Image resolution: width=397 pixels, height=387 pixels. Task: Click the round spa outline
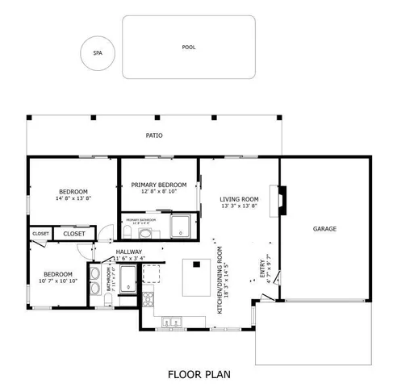[98, 53]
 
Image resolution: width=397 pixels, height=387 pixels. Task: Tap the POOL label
[189, 48]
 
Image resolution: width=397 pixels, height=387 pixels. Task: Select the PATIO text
[155, 136]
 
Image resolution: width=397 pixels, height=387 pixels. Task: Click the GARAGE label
[324, 229]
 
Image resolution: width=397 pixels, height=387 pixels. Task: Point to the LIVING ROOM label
[239, 199]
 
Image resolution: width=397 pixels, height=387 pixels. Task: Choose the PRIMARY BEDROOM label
[158, 185]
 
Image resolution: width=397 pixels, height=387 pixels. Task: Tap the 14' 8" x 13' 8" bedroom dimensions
[73, 198]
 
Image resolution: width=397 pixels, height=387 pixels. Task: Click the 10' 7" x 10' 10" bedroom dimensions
[58, 281]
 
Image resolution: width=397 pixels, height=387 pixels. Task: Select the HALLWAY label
[129, 252]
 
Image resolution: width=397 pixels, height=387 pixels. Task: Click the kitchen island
[194, 277]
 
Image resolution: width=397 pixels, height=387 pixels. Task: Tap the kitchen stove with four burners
[148, 300]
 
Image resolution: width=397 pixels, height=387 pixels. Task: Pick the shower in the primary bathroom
[181, 226]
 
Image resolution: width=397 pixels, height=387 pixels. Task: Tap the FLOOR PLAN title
[199, 374]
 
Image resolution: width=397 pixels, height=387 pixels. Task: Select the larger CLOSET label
[74, 234]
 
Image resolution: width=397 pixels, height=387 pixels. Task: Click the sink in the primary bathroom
[144, 234]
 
